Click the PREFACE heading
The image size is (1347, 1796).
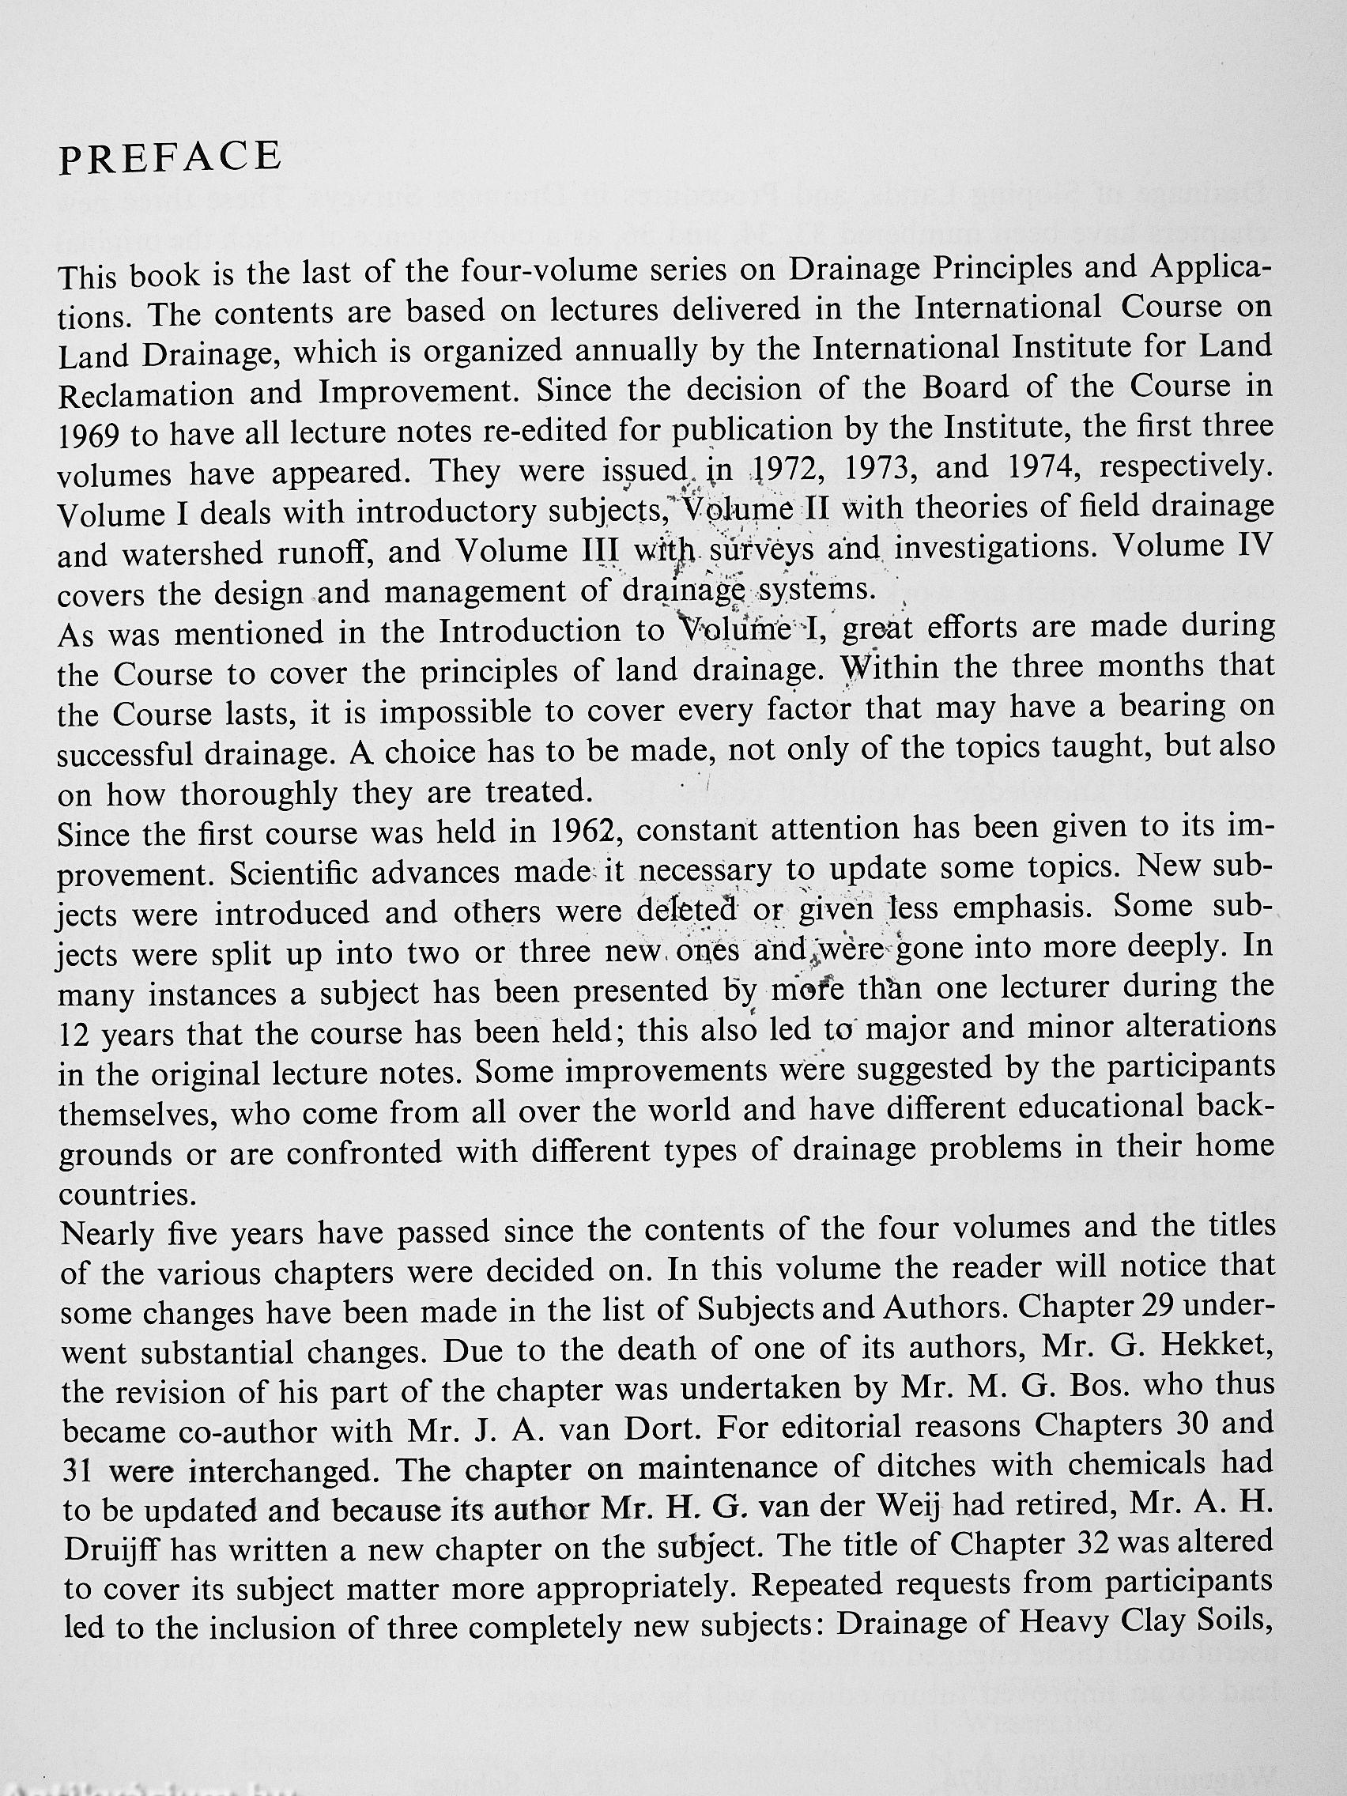(171, 157)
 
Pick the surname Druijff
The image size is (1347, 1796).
(110, 1551)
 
